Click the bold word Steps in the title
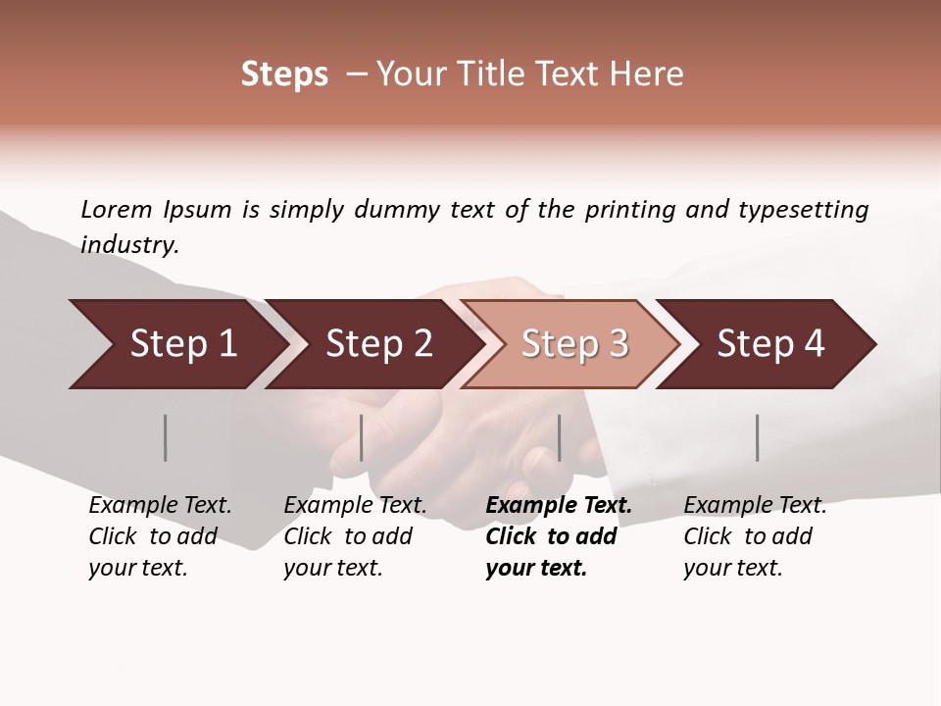point(284,75)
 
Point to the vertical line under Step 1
point(166,437)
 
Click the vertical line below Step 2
point(362,437)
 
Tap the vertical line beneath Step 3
point(560,437)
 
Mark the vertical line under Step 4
point(758,437)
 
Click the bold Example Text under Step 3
point(559,506)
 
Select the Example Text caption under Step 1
point(160,506)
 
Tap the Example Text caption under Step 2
point(355,506)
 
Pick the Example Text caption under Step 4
point(755,506)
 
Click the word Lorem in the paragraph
point(116,209)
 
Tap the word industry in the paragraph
point(129,245)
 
